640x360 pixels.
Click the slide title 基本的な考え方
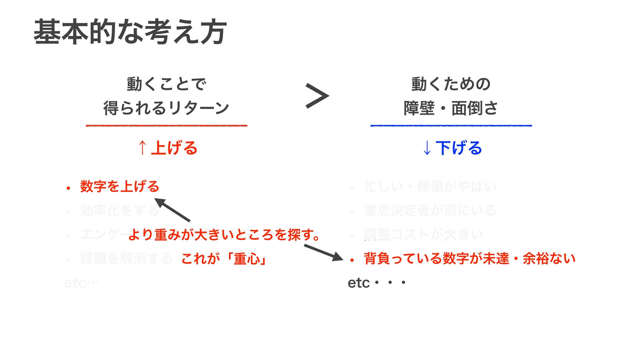point(130,32)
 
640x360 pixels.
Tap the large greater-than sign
point(317,96)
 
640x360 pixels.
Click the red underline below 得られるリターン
point(166,126)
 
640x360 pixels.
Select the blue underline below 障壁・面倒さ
point(451,126)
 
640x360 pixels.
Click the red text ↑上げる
point(168,148)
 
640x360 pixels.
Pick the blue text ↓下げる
point(452,148)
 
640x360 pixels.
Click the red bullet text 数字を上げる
point(120,186)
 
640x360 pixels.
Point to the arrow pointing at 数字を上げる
point(172,210)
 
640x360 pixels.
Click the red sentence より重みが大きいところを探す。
point(224,235)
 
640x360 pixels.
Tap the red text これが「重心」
point(224,259)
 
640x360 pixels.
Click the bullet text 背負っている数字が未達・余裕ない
point(470,259)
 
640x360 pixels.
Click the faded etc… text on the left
point(81,283)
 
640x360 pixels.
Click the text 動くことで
point(166,84)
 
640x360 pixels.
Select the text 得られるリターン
point(166,108)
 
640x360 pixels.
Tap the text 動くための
point(451,84)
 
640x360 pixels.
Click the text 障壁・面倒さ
point(451,108)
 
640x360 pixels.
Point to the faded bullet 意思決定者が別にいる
point(430,211)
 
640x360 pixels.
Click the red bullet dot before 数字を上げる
point(68,188)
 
